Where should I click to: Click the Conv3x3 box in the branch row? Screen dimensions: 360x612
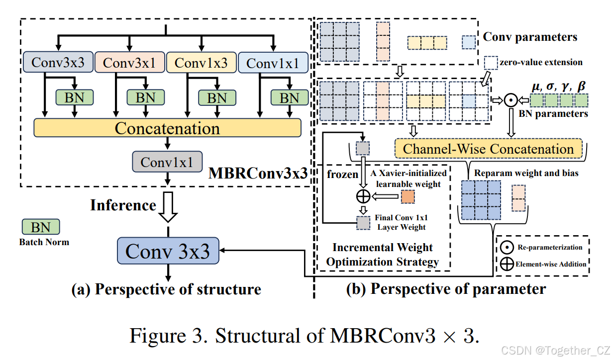(x=57, y=63)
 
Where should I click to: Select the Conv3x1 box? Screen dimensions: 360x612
(x=129, y=63)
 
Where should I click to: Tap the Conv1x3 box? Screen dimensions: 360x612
(x=201, y=63)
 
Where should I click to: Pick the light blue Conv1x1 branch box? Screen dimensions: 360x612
(x=273, y=64)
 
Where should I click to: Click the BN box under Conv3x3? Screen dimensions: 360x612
(x=74, y=97)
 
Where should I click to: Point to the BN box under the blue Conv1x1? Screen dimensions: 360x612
(x=289, y=97)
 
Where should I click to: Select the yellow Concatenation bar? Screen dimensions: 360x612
(x=167, y=128)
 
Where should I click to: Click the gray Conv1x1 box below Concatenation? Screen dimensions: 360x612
(x=167, y=162)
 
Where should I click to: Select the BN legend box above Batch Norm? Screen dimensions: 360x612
(x=40, y=228)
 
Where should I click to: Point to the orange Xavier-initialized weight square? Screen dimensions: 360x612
(x=408, y=196)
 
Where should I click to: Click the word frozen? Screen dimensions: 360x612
(x=342, y=175)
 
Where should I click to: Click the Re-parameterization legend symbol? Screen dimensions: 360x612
(x=507, y=247)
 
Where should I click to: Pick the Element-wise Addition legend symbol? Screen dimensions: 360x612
(x=507, y=264)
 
